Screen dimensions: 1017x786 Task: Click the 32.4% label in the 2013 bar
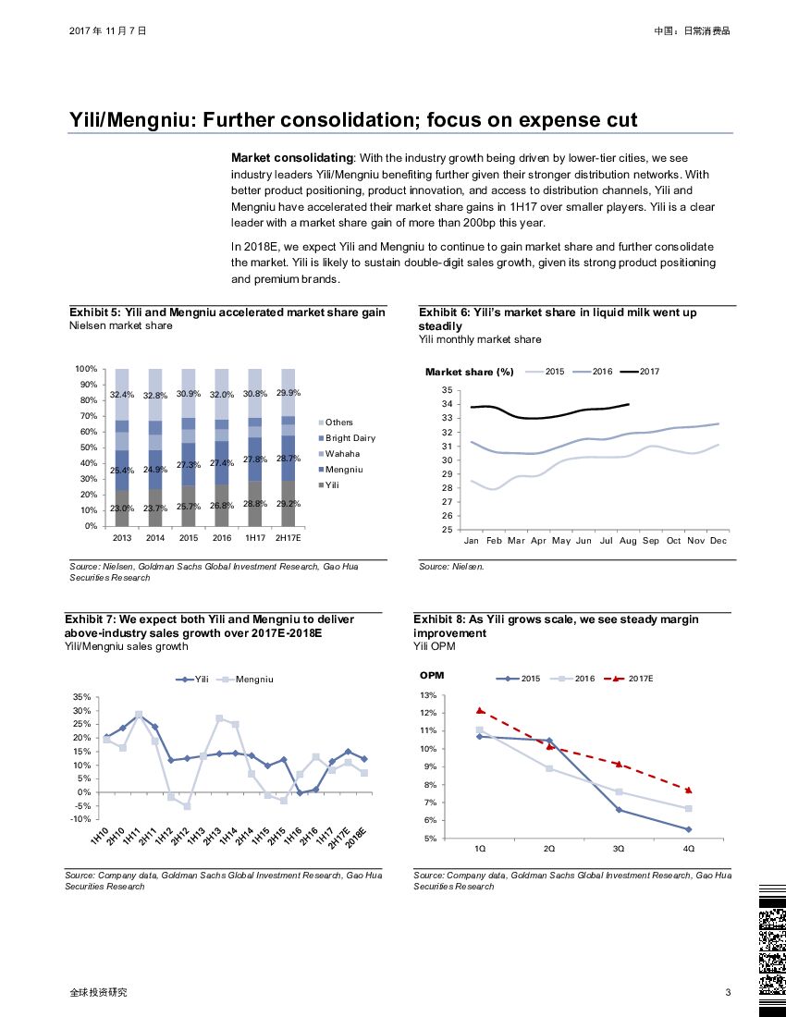(x=121, y=395)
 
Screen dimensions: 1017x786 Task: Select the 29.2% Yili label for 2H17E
(x=289, y=504)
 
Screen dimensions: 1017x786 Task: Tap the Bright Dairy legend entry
(x=350, y=438)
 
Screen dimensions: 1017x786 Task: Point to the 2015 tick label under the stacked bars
(x=188, y=537)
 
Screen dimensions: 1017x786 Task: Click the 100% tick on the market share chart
(x=86, y=369)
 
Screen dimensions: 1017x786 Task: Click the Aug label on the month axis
(x=629, y=540)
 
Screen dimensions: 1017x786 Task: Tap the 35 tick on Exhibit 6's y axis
(x=446, y=390)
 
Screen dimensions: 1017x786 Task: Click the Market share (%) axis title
(x=469, y=373)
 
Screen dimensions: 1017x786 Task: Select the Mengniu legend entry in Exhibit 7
(x=253, y=680)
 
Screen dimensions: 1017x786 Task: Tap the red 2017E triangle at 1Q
(x=481, y=710)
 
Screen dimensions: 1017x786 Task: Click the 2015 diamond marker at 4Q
(x=688, y=829)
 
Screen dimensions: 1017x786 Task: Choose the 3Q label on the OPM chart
(x=619, y=848)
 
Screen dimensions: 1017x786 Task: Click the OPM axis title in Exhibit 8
(x=432, y=676)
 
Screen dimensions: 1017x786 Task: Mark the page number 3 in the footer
(x=729, y=993)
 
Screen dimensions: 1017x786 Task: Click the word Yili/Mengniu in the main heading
(x=129, y=121)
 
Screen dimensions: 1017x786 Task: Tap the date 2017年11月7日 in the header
(x=107, y=31)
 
